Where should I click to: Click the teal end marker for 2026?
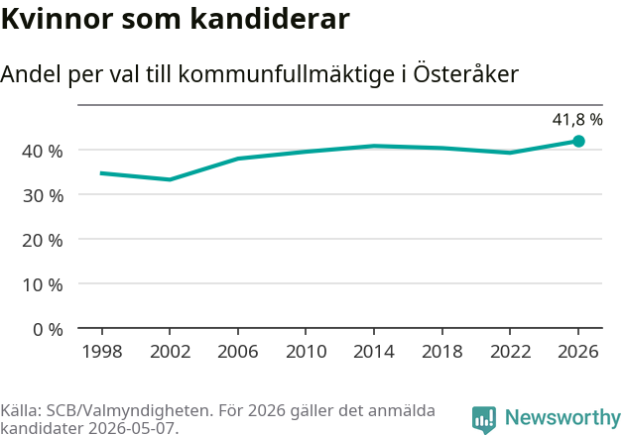[578, 141]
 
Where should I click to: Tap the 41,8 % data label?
[577, 120]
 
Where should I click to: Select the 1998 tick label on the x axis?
[102, 351]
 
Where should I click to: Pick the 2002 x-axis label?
[170, 351]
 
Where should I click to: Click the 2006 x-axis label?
[238, 351]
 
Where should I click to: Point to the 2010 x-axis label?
[306, 351]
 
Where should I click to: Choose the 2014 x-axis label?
[374, 351]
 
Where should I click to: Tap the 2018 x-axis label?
[441, 351]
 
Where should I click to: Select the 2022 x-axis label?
[510, 351]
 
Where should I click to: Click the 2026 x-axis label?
[578, 351]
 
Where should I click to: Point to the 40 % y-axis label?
[43, 152]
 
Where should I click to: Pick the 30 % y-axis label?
[43, 196]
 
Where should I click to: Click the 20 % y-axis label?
[43, 241]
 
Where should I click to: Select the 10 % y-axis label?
[43, 285]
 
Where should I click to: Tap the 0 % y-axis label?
[48, 330]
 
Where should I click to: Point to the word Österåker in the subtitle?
[465, 73]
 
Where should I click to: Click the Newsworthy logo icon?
[484, 420]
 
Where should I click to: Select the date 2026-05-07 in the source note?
[131, 429]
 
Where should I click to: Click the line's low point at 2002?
[170, 179]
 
